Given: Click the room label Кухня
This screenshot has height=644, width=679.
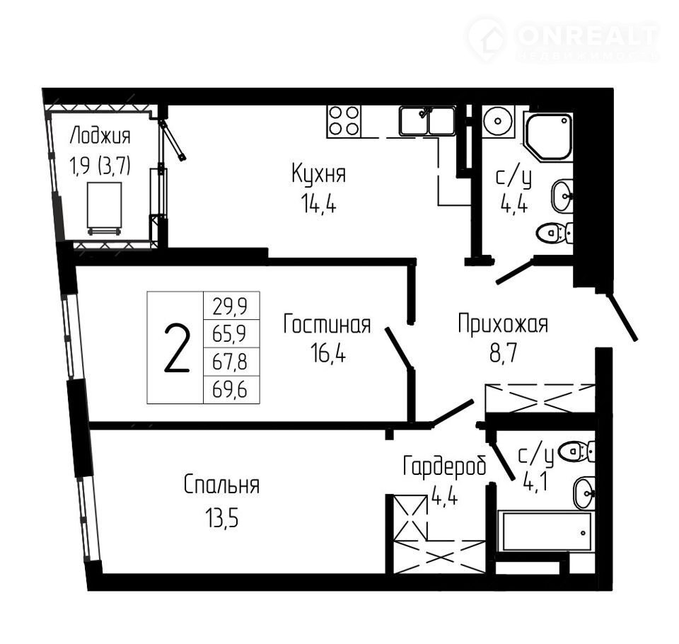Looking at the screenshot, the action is [319, 174].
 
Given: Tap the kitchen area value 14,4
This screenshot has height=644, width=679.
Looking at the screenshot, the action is [319, 204].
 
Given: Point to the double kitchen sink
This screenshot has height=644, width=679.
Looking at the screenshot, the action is [427, 121].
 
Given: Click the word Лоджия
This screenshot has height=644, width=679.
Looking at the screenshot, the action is [100, 136].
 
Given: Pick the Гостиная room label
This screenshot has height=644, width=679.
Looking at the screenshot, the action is [327, 325].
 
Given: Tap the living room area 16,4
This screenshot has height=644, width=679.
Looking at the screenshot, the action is [327, 354].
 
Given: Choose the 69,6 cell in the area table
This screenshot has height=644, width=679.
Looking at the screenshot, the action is [230, 390].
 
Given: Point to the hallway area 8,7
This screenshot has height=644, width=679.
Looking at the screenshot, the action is [503, 354].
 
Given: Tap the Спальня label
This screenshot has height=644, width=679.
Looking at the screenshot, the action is [221, 485].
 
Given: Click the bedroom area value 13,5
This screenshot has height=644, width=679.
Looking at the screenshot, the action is [222, 517].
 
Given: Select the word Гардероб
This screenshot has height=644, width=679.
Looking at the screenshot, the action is [445, 466].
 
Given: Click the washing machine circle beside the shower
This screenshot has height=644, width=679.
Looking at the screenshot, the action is [498, 121].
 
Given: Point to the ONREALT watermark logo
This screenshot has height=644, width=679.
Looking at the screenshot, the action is [563, 40].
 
